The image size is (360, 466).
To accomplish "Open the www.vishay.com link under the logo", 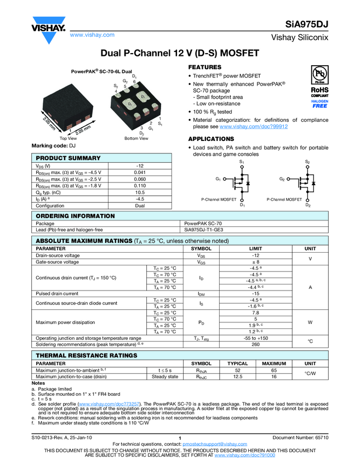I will pyautogui.click(x=92, y=35).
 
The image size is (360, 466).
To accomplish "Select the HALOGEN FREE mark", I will pyautogui.click(x=319, y=104).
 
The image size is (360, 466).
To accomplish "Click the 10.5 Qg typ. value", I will pyautogui.click(x=140, y=192).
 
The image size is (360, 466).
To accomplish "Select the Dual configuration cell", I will pyautogui.click(x=140, y=206).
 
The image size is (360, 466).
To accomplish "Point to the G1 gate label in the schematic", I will pyautogui.click(x=219, y=179).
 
